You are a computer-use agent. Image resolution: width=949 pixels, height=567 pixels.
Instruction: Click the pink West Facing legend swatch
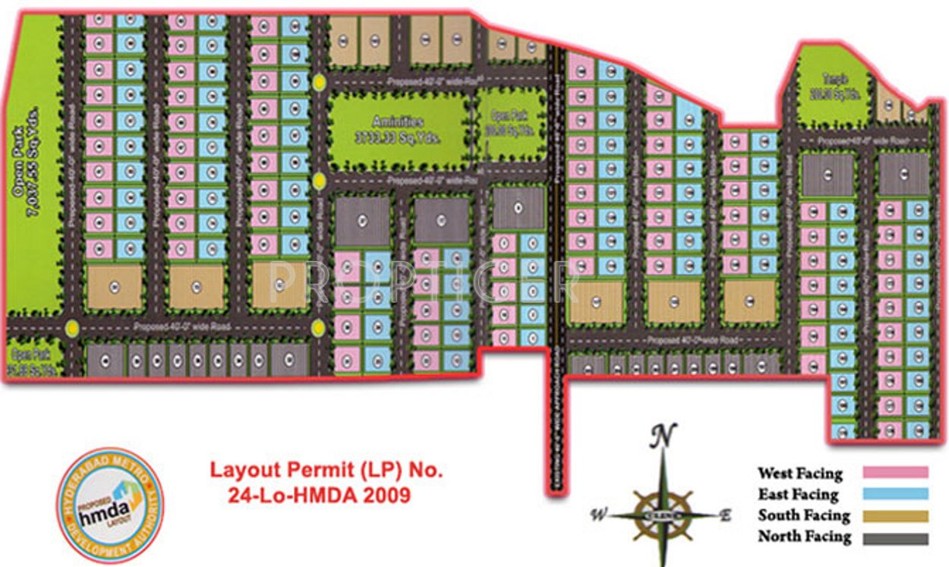[895, 472]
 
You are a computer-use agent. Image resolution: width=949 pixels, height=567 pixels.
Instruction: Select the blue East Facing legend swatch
[895, 493]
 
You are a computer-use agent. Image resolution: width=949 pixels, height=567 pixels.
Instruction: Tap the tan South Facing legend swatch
[895, 516]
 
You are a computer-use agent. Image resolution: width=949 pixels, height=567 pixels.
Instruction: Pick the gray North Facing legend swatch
[895, 538]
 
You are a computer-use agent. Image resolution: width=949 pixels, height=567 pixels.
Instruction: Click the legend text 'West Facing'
[799, 474]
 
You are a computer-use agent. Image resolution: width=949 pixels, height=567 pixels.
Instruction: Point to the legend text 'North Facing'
[804, 537]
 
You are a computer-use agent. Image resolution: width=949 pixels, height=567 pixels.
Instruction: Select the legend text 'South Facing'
[804, 515]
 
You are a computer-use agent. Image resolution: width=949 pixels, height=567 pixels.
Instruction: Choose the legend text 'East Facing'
[798, 495]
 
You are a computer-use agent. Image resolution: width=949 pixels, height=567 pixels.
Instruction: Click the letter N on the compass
[663, 436]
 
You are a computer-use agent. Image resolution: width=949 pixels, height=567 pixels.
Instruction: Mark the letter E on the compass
[725, 515]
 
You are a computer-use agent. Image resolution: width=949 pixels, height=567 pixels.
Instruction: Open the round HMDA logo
[110, 504]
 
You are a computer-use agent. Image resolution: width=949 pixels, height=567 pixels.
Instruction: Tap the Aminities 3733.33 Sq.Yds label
[398, 128]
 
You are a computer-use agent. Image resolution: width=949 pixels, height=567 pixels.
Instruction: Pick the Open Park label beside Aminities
[509, 121]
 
